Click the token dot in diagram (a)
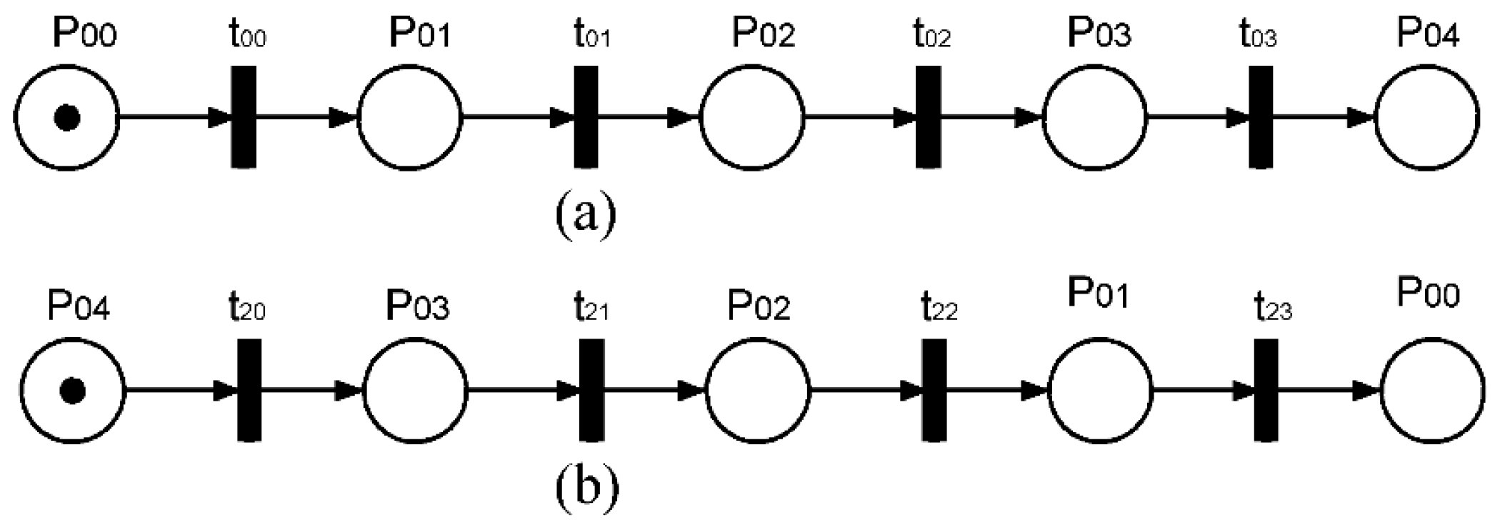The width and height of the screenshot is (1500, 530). click(x=67, y=118)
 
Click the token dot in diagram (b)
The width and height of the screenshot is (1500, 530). click(x=73, y=391)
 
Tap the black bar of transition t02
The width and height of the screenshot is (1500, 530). click(x=928, y=117)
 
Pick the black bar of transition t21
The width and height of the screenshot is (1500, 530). click(x=591, y=390)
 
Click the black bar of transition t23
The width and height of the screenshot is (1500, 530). click(x=1266, y=390)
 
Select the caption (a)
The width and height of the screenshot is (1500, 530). click(x=585, y=213)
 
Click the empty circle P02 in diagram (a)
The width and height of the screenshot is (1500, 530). click(x=751, y=117)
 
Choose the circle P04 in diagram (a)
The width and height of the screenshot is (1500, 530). click(x=1427, y=117)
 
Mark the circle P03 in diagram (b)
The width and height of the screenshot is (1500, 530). click(x=416, y=391)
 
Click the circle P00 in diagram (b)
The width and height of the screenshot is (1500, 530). click(x=1432, y=391)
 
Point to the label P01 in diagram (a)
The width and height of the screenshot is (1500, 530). click(x=420, y=34)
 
